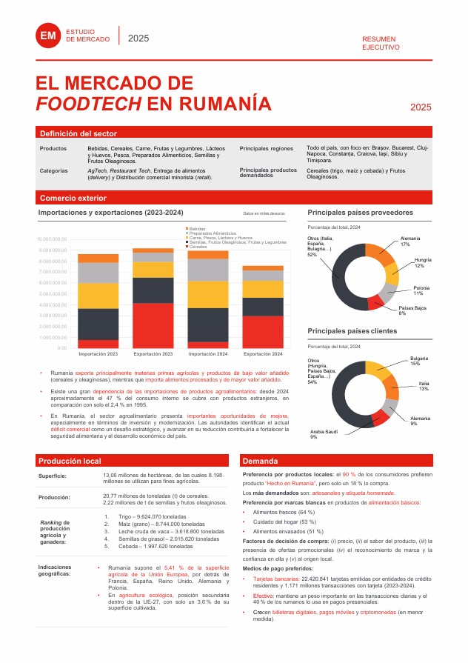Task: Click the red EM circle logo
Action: tap(49, 36)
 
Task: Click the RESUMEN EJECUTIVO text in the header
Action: tap(381, 43)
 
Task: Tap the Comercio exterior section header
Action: tap(73, 198)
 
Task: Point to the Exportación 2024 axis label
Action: tap(263, 354)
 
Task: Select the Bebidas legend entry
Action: tap(197, 228)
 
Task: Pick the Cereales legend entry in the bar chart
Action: tap(198, 246)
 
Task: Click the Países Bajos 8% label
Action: tap(412, 310)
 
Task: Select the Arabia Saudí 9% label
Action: tap(324, 434)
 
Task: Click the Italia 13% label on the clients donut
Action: tap(424, 386)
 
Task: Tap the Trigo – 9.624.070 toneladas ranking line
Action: tap(150, 516)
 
